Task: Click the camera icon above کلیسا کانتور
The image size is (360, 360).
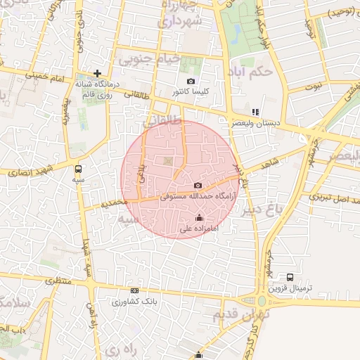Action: (190, 82)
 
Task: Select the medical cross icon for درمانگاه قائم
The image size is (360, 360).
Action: (97, 73)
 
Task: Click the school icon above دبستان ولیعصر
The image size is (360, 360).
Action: (255, 111)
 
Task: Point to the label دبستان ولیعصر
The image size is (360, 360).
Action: (258, 122)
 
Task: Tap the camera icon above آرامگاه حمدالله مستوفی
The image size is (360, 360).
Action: (197, 185)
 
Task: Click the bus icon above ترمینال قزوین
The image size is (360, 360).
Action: (290, 277)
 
